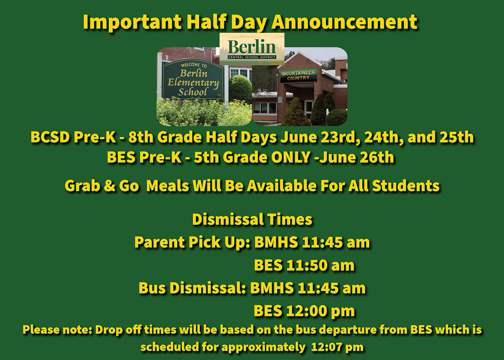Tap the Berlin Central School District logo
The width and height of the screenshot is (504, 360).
click(x=252, y=49)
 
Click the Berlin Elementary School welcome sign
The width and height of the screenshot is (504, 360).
click(x=194, y=79)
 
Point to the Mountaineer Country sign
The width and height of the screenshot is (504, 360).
click(x=298, y=75)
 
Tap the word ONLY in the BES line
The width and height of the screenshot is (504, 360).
click(x=291, y=157)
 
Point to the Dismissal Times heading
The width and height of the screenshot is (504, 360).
click(x=252, y=220)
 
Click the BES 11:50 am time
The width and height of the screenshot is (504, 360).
click(x=304, y=265)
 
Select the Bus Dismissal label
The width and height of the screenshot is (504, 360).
click(x=192, y=288)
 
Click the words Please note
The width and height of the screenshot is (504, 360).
click(x=57, y=330)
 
